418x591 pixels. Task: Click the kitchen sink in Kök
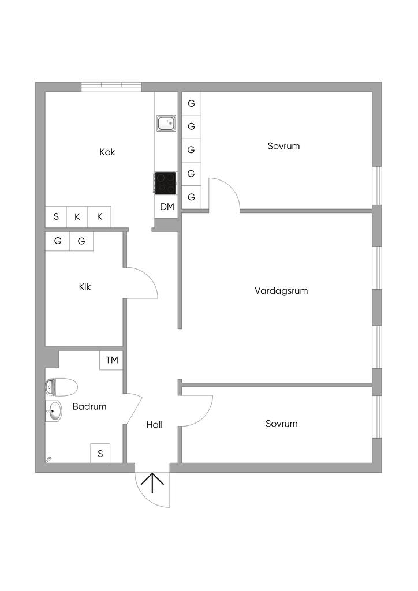(x=166, y=123)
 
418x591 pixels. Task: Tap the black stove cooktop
(x=166, y=183)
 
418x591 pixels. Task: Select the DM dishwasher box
(x=167, y=207)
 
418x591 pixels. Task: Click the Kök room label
(x=107, y=152)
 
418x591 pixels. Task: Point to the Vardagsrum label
(x=281, y=291)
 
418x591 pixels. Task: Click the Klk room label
(x=85, y=286)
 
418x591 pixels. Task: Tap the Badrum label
(x=89, y=406)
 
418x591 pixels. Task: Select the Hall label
(x=154, y=425)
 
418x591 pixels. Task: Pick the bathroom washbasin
(x=54, y=411)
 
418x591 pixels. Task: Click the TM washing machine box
(x=111, y=361)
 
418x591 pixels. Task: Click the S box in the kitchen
(x=56, y=217)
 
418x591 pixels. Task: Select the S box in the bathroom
(x=100, y=454)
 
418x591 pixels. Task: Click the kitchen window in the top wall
(x=111, y=87)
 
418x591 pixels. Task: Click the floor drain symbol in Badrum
(x=49, y=459)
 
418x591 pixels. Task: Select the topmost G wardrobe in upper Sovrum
(x=191, y=103)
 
